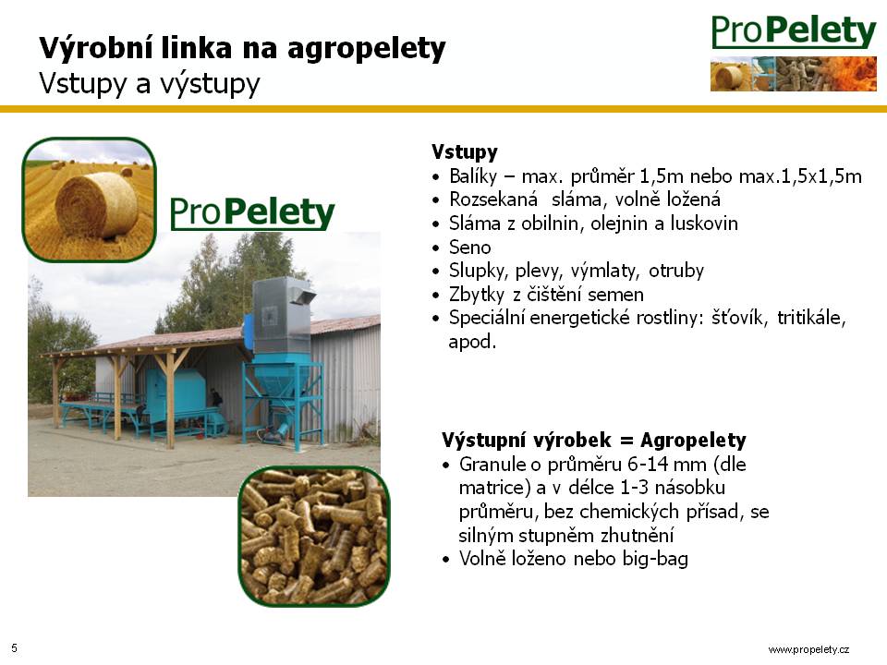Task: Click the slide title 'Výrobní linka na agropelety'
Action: click(x=242, y=49)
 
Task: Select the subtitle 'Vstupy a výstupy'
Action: click(x=150, y=84)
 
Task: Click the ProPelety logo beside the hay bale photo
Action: click(x=252, y=213)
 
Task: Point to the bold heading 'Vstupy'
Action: click(x=465, y=151)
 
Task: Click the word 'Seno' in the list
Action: click(x=469, y=248)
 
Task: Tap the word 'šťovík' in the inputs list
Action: click(x=739, y=318)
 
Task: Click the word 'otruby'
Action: click(x=676, y=271)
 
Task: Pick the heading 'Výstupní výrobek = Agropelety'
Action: click(x=594, y=440)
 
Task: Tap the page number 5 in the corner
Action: click(x=14, y=648)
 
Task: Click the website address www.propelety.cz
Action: click(x=808, y=649)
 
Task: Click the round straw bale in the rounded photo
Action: click(x=96, y=205)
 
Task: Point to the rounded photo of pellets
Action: click(x=314, y=536)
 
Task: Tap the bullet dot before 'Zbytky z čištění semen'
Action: click(x=435, y=296)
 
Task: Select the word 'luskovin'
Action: click(x=704, y=224)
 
